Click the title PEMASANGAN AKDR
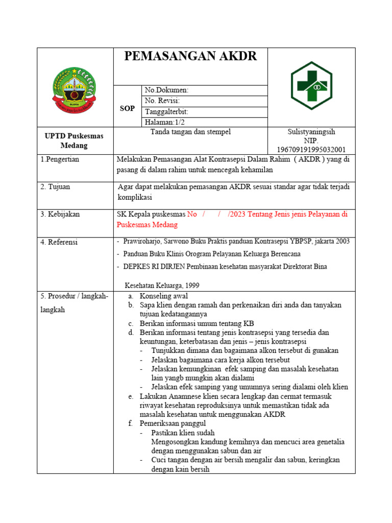pyautogui.click(x=190, y=57)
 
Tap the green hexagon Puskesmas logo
pyautogui.click(x=311, y=86)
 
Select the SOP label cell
pyautogui.click(x=127, y=108)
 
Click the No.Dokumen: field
pyautogui.click(x=167, y=90)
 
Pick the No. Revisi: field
pyautogui.click(x=162, y=101)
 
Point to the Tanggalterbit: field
pyautogui.click(x=167, y=112)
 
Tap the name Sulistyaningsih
pyautogui.click(x=311, y=132)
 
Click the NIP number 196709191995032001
pyautogui.click(x=311, y=149)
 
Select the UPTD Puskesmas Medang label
pyautogui.click(x=75, y=140)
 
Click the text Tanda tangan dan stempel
pyautogui.click(x=190, y=132)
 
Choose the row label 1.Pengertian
pyautogui.click(x=60, y=160)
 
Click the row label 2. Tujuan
pyautogui.click(x=56, y=187)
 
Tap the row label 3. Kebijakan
pyautogui.click(x=60, y=215)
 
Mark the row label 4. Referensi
pyautogui.click(x=59, y=242)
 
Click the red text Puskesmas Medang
pyautogui.click(x=147, y=225)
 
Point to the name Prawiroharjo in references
pyautogui.click(x=144, y=241)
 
